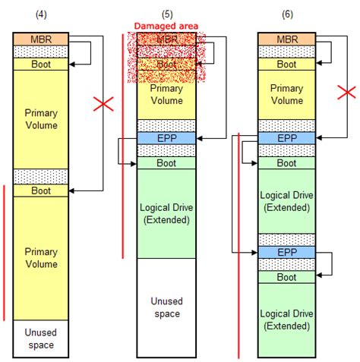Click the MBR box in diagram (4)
click(42, 38)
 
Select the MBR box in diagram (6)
click(287, 38)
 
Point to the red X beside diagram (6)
click(347, 93)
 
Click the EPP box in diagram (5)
click(166, 138)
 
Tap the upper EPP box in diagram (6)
click(287, 138)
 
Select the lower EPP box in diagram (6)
click(287, 252)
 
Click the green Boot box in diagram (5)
click(166, 162)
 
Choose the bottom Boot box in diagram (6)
click(287, 277)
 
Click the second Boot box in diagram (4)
click(42, 191)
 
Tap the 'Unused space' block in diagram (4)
click(42, 338)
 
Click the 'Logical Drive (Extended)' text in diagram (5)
click(166, 214)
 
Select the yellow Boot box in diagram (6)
click(287, 65)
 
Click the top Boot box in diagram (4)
click(42, 65)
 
